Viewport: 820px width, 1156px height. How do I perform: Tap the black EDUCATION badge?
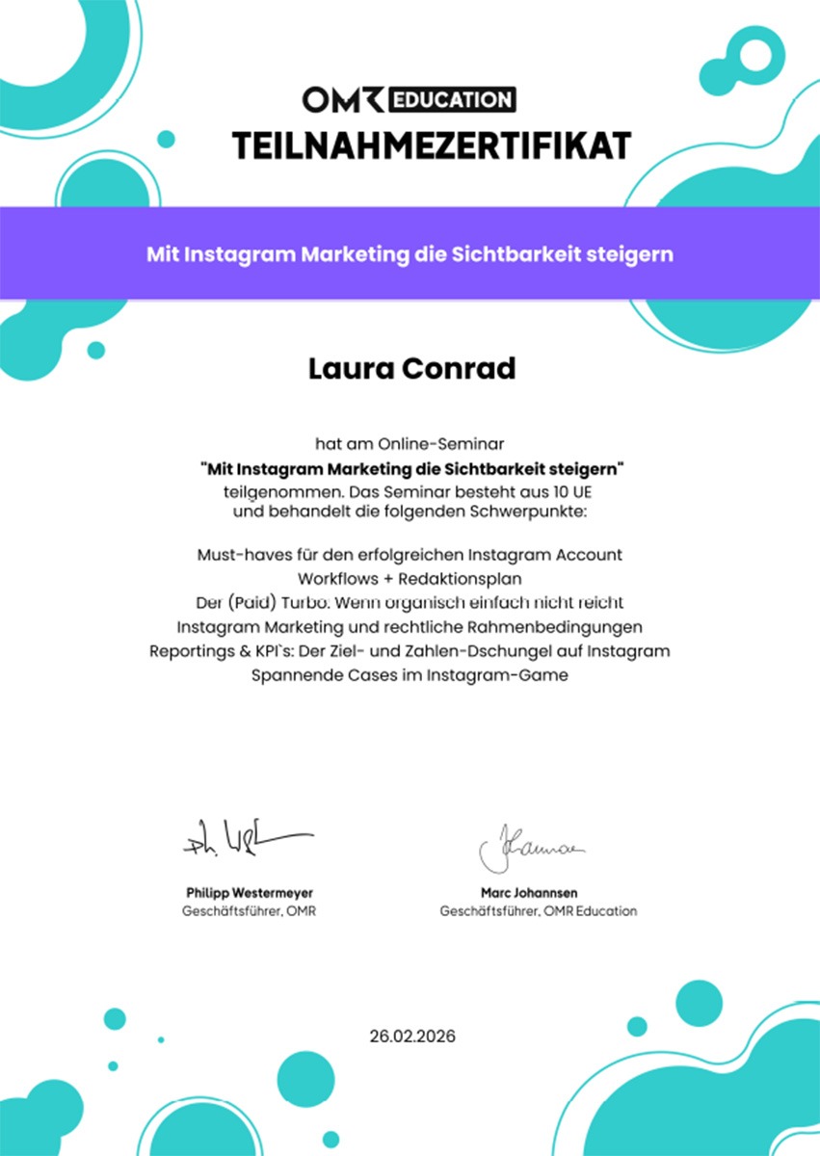(x=452, y=99)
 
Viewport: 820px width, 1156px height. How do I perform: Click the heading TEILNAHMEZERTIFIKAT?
(x=432, y=145)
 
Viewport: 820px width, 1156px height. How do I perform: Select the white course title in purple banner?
(x=410, y=255)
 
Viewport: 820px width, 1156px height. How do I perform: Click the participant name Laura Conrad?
(x=411, y=368)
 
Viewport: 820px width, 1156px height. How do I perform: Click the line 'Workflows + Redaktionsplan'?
(x=410, y=579)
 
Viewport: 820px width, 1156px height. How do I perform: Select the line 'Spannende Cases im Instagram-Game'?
(x=410, y=675)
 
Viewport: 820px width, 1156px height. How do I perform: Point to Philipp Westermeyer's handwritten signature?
(x=247, y=838)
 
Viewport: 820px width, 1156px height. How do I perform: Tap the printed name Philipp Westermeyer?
(x=249, y=893)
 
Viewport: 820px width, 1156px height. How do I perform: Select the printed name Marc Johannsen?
(x=529, y=893)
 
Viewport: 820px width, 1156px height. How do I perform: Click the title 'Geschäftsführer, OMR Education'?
(x=538, y=911)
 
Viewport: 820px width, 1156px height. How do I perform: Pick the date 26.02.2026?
(x=412, y=1037)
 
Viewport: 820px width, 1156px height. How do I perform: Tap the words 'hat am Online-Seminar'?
(x=410, y=445)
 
